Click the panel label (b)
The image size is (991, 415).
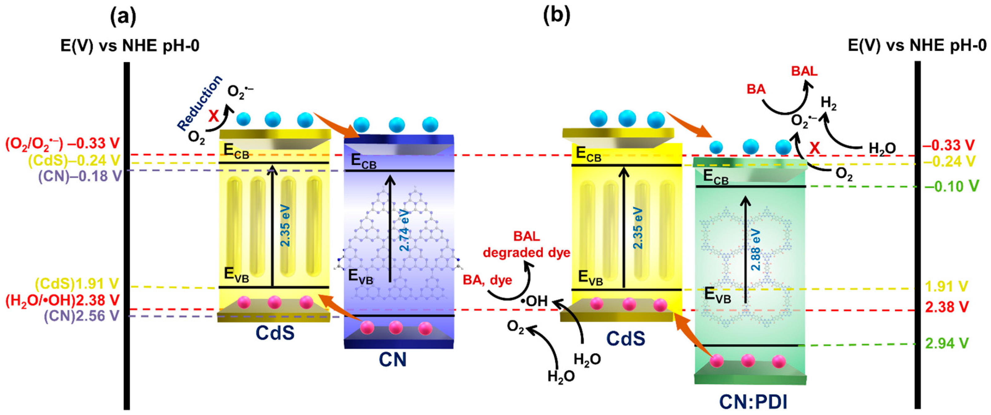(556, 16)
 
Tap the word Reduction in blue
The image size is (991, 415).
(200, 103)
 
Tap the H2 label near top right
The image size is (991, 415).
(828, 103)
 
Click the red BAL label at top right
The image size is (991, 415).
(804, 71)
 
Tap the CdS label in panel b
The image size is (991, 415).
(625, 339)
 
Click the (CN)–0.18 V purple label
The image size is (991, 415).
(80, 176)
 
